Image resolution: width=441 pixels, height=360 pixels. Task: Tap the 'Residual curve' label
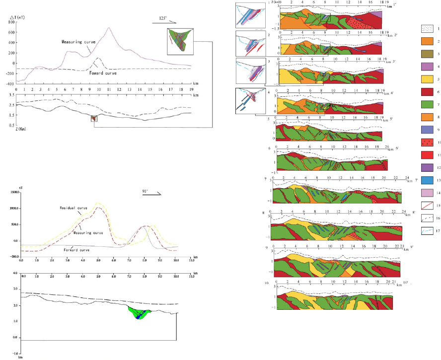[x=74, y=208]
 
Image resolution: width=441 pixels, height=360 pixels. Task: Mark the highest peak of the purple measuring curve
[x=109, y=28]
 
